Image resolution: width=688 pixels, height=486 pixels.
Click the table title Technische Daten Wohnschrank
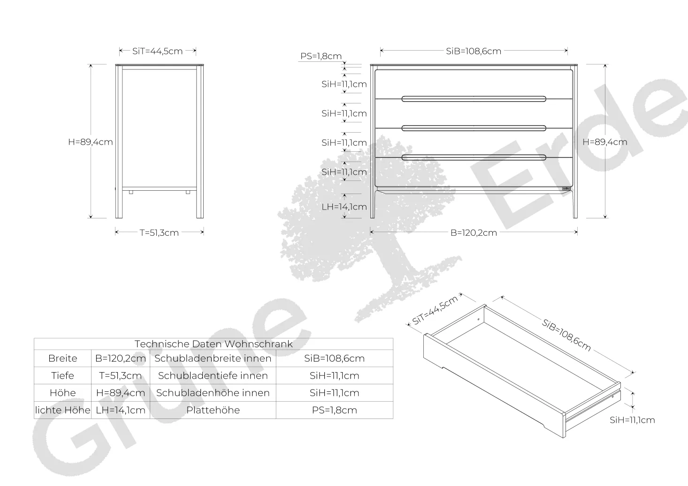pos(214,344)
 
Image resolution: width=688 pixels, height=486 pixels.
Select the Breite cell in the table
pos(63,358)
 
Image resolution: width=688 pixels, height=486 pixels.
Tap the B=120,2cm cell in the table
pos(121,358)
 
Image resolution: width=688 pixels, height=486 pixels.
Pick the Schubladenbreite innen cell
pos(213,358)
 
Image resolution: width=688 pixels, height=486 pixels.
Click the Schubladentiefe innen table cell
pos(213,375)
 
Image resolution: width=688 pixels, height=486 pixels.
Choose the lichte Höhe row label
pos(63,410)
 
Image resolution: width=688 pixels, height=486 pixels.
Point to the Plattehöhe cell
pos(213,410)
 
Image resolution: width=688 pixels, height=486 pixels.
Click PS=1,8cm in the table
pos(335,410)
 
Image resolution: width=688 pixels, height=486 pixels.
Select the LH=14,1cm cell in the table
pos(121,410)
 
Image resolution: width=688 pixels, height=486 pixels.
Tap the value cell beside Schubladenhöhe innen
pos(335,393)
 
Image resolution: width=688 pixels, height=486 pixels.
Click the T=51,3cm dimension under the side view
pos(159,233)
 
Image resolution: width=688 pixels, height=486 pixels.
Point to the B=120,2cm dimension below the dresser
pos(474,233)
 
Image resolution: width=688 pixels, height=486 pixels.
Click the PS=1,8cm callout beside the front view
pos(321,56)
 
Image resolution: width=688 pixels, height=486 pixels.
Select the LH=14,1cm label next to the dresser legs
pos(344,207)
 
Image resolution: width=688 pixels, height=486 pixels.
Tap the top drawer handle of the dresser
pos(474,99)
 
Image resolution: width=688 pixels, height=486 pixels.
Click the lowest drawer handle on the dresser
pos(474,157)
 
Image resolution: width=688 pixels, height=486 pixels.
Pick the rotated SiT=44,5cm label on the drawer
pos(435,311)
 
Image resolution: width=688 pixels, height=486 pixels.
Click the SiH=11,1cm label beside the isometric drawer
pos(633,420)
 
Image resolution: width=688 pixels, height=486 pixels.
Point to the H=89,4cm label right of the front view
pos(605,142)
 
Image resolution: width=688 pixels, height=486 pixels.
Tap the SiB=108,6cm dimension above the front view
pos(474,51)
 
